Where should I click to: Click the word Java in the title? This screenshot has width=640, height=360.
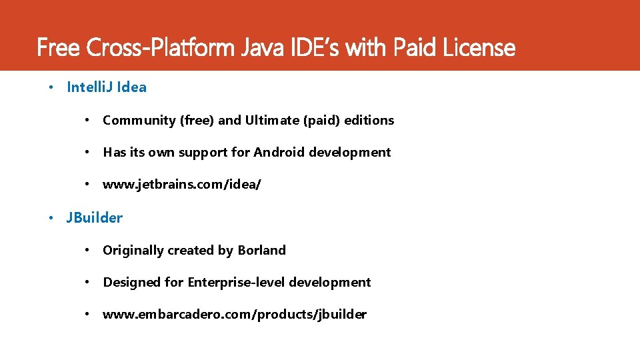point(269,48)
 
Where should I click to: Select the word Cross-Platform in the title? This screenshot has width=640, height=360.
point(162,48)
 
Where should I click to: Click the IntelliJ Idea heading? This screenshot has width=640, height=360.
point(107,87)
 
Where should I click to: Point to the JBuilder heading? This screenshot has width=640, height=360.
point(95,217)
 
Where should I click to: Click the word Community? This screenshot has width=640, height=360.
point(139,121)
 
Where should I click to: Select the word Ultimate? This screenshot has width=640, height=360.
point(272,121)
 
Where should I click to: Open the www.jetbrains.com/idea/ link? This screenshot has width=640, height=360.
point(181,185)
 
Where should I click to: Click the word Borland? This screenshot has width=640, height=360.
point(261,251)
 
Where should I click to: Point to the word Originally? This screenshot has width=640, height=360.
point(133,251)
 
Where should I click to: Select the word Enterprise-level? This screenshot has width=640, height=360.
point(233,283)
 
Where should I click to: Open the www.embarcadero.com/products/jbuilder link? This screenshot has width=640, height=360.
point(234,315)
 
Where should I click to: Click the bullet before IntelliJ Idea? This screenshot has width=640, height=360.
point(52,87)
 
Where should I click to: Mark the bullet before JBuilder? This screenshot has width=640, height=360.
point(52,217)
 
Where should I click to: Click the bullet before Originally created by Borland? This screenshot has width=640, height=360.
point(87,251)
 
